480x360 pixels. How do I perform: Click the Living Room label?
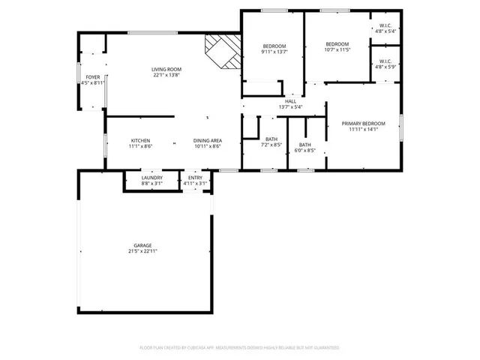pyautogui.click(x=167, y=70)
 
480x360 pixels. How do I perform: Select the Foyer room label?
pyautogui.click(x=92, y=77)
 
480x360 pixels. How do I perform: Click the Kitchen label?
pyautogui.click(x=140, y=141)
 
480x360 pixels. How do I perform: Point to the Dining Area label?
pyautogui.click(x=207, y=141)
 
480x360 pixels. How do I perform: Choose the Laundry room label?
pyautogui.click(x=152, y=178)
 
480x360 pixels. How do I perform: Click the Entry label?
pyautogui.click(x=195, y=178)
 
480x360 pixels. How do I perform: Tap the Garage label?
pyautogui.click(x=143, y=245)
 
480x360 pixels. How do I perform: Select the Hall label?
pyautogui.click(x=289, y=101)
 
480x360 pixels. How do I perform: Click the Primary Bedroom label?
pyautogui.click(x=363, y=124)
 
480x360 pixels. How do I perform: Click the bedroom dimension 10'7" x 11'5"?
pyautogui.click(x=337, y=50)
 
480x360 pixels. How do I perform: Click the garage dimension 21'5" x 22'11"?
pyautogui.click(x=143, y=251)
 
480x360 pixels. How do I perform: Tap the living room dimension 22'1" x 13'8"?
pyautogui.click(x=167, y=76)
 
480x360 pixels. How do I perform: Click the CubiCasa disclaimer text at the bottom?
pyautogui.click(x=239, y=348)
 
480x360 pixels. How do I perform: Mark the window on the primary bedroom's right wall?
pyautogui.click(x=401, y=125)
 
